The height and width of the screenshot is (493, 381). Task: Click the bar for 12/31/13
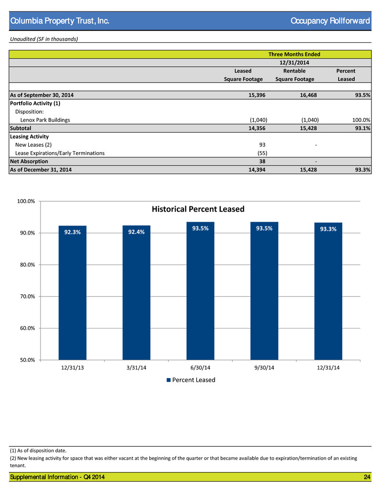pyautogui.click(x=72, y=293)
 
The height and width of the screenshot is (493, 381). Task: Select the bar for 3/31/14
pyautogui.click(x=136, y=293)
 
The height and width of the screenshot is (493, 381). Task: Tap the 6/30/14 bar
pyautogui.click(x=200, y=291)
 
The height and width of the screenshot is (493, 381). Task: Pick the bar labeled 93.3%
pyautogui.click(x=328, y=291)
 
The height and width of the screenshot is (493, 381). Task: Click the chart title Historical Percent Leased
pyautogui.click(x=198, y=209)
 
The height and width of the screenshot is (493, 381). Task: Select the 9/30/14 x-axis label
pyautogui.click(x=264, y=368)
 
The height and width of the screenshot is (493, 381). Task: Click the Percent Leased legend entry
pyautogui.click(x=191, y=380)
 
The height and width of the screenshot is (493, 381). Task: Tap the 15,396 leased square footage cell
pyautogui.click(x=257, y=95)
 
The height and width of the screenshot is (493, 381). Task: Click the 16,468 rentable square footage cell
pyautogui.click(x=309, y=95)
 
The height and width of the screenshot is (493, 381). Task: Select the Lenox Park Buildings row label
pyautogui.click(x=45, y=120)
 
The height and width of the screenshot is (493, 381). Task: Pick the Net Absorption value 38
pyautogui.click(x=262, y=161)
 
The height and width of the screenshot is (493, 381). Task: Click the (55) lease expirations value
pyautogui.click(x=262, y=153)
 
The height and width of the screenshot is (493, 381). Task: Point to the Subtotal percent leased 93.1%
pyautogui.click(x=362, y=128)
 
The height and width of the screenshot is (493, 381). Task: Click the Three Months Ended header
pyautogui.click(x=294, y=54)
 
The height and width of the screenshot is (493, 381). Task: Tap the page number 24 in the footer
pyautogui.click(x=367, y=477)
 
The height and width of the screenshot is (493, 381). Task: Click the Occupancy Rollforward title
pyautogui.click(x=330, y=21)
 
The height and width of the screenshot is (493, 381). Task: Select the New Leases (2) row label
pyautogui.click(x=33, y=144)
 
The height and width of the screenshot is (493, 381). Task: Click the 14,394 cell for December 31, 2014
pyautogui.click(x=257, y=170)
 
